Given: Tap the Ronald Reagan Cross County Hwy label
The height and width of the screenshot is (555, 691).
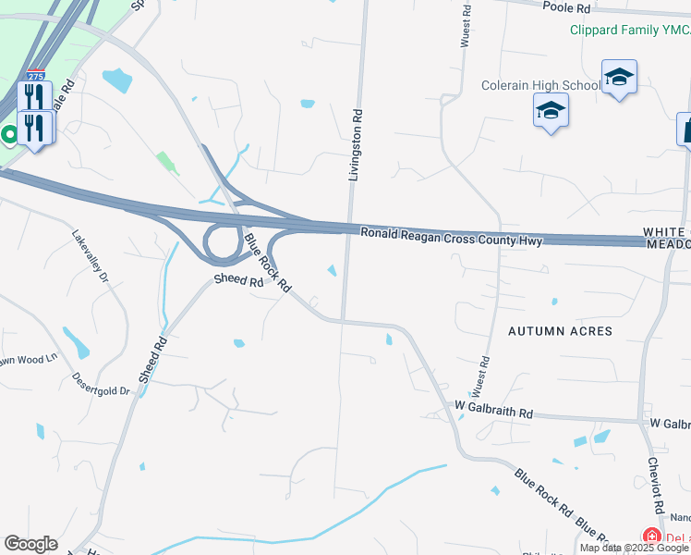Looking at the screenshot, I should tap(450, 237).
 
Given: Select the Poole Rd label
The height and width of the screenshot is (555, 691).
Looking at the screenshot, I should tap(566, 7).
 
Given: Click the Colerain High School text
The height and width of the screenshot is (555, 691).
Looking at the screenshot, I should tap(540, 86).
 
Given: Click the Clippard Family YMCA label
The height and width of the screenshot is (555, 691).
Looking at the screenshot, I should tap(629, 30).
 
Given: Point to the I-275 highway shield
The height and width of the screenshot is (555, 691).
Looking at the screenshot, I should tap(35, 75).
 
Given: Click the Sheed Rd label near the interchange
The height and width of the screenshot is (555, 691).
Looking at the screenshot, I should tap(238, 278).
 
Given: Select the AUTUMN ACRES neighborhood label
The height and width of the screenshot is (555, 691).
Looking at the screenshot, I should tap(560, 331).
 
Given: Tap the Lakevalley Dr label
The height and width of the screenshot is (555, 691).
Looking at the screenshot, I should tap(91, 254).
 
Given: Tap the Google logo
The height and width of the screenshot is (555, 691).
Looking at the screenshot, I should tap(30, 544).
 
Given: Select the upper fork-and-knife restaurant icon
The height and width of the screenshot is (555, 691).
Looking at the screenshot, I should tap(34, 96).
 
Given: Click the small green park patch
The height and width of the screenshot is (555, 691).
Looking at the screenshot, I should tap(168, 163).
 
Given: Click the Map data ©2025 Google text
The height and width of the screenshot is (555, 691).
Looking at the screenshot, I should tap(634, 548).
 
